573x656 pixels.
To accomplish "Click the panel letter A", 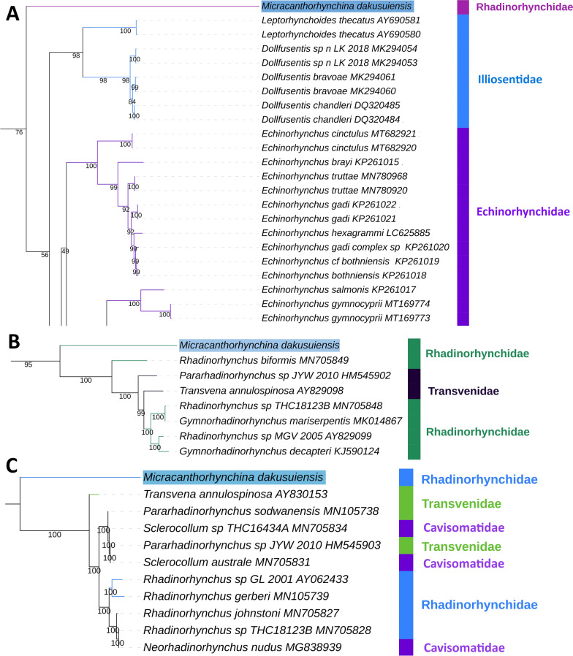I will click(x=12, y=15).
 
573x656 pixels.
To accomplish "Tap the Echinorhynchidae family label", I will click(x=513, y=211).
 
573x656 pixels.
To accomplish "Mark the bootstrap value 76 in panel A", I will click(x=20, y=132).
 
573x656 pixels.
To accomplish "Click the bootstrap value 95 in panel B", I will click(x=29, y=365).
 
